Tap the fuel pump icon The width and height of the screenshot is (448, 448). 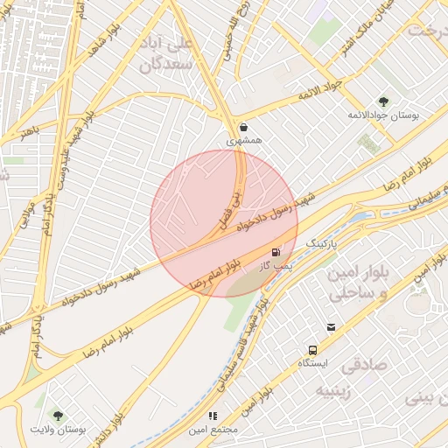pos(276,252)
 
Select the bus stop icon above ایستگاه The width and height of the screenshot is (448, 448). pos(312,349)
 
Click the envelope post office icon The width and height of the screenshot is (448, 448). pos(331,327)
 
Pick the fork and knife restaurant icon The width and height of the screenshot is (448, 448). pos(212,416)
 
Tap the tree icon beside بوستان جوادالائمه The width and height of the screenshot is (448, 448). pos(382,101)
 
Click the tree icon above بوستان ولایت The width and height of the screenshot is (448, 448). pos(58,416)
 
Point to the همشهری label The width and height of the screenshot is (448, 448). pos(244,140)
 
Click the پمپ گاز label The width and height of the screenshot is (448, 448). pos(273,264)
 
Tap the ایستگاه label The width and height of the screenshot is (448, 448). pos(312,362)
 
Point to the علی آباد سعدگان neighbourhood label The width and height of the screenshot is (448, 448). pos(170,53)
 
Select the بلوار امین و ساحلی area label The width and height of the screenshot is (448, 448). pos(355,283)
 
